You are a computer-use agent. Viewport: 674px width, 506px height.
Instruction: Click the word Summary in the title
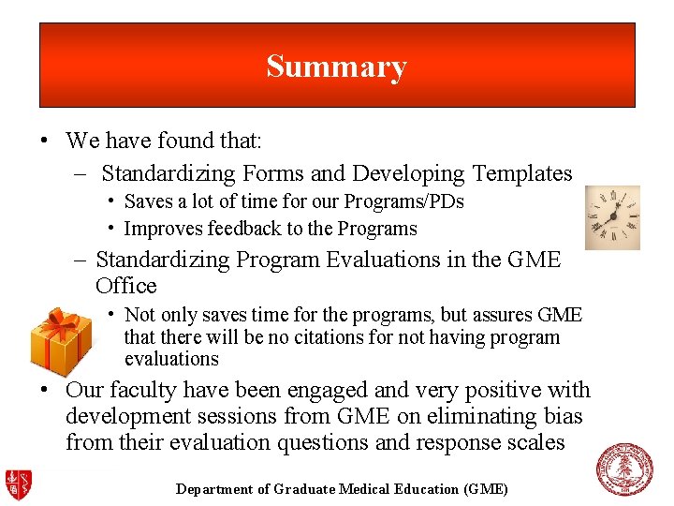point(336,67)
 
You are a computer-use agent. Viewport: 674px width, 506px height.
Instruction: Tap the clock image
point(612,217)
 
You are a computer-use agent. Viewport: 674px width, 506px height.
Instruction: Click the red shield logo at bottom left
point(19,483)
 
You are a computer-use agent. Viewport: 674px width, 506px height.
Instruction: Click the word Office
point(126,286)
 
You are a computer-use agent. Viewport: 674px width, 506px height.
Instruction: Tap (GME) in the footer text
point(485,489)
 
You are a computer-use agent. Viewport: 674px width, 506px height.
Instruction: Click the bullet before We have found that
point(44,141)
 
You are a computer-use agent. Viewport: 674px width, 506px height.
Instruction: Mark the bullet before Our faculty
point(44,390)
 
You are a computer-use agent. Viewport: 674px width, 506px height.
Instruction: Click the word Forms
point(272,173)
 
